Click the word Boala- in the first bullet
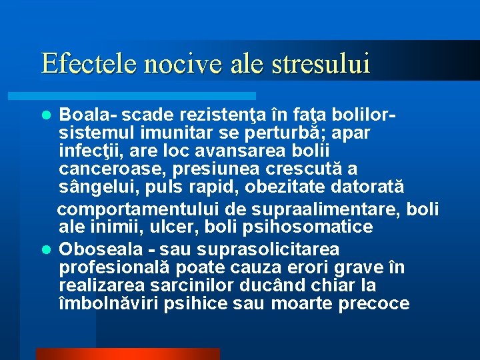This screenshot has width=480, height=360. pos(87,115)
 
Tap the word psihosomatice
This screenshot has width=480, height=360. pos(316,227)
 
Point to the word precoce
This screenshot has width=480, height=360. pos(374,303)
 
